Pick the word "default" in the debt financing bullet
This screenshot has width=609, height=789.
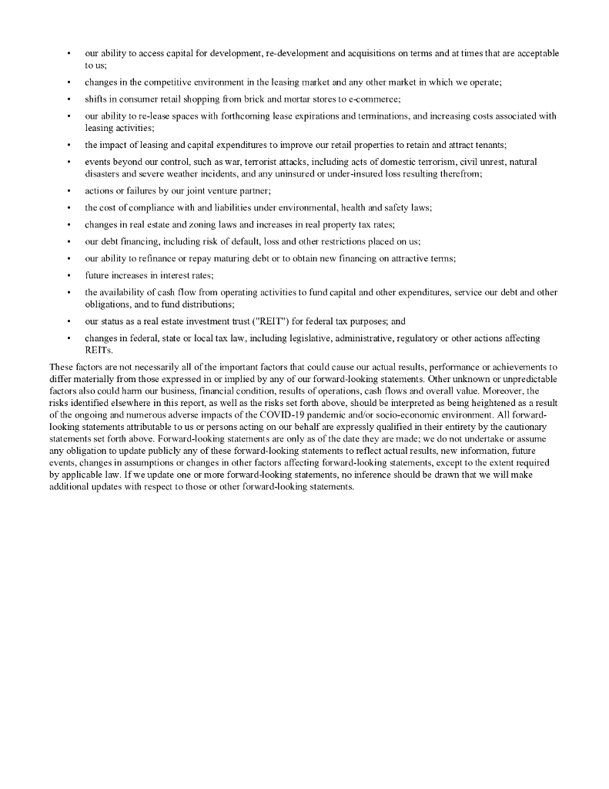tap(224, 242)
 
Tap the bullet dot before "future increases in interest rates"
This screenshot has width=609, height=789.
tap(69, 276)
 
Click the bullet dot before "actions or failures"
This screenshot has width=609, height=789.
tap(69, 191)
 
